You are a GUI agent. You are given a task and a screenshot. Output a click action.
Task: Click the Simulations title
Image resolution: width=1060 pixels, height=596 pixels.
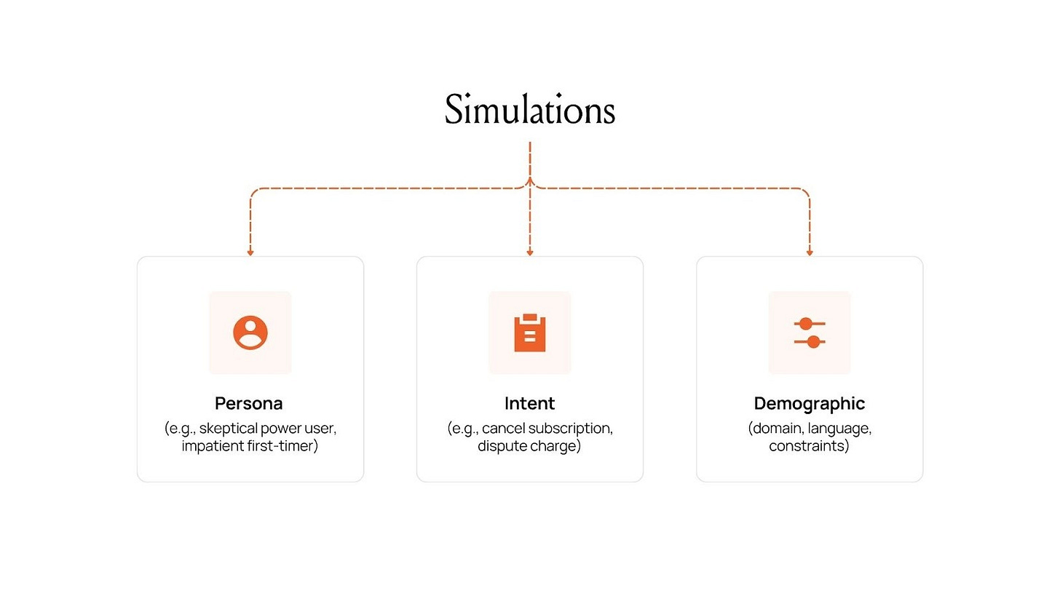click(x=530, y=111)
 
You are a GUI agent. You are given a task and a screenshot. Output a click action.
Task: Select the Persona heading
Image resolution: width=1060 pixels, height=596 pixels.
click(x=249, y=403)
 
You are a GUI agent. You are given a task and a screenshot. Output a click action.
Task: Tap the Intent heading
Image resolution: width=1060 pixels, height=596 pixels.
click(x=530, y=403)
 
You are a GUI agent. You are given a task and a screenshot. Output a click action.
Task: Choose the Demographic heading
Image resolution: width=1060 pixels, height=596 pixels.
click(x=810, y=403)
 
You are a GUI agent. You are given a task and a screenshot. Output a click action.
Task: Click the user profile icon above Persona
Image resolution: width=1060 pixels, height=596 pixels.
click(x=250, y=333)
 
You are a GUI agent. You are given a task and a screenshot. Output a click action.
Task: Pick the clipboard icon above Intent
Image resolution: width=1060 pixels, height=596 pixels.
click(x=530, y=333)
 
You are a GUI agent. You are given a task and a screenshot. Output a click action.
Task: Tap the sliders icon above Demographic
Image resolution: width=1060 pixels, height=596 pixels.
click(x=810, y=333)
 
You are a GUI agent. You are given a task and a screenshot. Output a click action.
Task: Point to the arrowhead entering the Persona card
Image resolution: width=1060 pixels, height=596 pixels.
click(x=250, y=253)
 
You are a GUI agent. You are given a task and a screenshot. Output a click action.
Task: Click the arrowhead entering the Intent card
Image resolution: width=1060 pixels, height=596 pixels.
click(x=530, y=253)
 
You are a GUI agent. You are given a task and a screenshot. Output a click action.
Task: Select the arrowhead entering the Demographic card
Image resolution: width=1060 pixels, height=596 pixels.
click(x=810, y=253)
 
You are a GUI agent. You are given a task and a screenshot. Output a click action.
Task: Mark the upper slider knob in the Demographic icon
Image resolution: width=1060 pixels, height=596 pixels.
click(x=805, y=324)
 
